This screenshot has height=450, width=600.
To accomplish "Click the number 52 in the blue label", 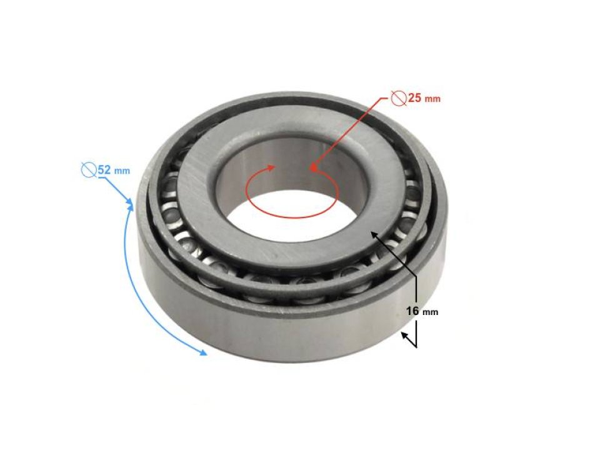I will pos(105,169).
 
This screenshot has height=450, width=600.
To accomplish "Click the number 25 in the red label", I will pos(415,97).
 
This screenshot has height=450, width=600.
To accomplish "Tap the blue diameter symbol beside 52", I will pos(89,169).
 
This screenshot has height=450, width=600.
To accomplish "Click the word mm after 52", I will pos(122,171).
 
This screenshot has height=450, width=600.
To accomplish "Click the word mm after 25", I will pos(433,99).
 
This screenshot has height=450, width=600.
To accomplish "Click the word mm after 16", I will pos(430,312).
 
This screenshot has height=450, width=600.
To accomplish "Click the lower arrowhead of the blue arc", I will pos(203,353).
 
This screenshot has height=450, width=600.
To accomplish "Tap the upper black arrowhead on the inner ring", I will pos(374,234).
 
